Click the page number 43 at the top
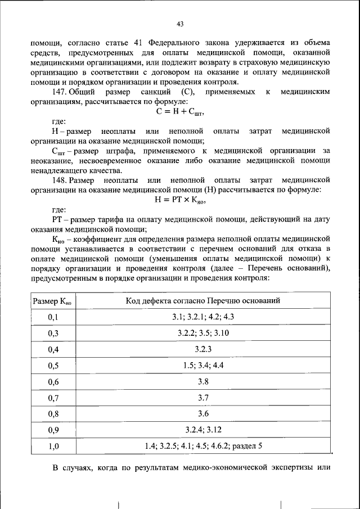tap(180, 24)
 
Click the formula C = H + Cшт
tap(180, 111)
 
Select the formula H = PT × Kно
tap(180, 200)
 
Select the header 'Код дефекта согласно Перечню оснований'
tap(202, 301)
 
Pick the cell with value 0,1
tap(53, 317)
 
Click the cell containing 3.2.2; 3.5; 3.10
tap(202, 333)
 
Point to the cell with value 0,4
tap(53, 350)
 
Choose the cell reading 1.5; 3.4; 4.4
tap(202, 366)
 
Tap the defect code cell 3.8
tap(202, 382)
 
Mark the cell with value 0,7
tap(53, 398)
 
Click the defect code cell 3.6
tap(202, 414)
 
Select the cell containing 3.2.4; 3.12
tap(202, 430)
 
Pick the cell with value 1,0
tap(53, 447)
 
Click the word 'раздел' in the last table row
tap(244, 447)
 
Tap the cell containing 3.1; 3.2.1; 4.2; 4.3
tap(202, 317)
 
